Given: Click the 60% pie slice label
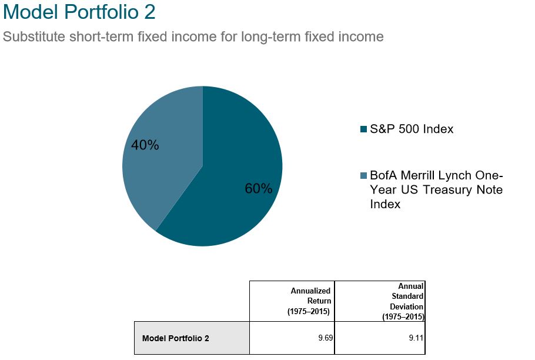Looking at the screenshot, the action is coord(259,188).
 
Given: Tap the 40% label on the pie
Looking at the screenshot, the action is coord(145,145).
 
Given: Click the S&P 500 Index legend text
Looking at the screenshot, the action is coord(412,129).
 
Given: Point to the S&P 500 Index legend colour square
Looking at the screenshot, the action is coord(363,129).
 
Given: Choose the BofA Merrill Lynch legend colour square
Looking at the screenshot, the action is coord(363,175).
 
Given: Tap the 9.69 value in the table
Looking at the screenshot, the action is coord(326,338).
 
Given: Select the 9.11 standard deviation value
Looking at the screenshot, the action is coord(416,338).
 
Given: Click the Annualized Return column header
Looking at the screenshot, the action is coord(309,301).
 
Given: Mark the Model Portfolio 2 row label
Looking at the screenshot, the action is coord(175,338).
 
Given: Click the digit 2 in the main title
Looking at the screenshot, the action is coord(150,12).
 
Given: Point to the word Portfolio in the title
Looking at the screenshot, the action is coord(101,12).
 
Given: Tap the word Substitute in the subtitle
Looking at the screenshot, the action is coord(34,36).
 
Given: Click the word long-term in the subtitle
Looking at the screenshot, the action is coord(271,36).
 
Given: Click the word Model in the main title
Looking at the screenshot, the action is coord(31,12).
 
